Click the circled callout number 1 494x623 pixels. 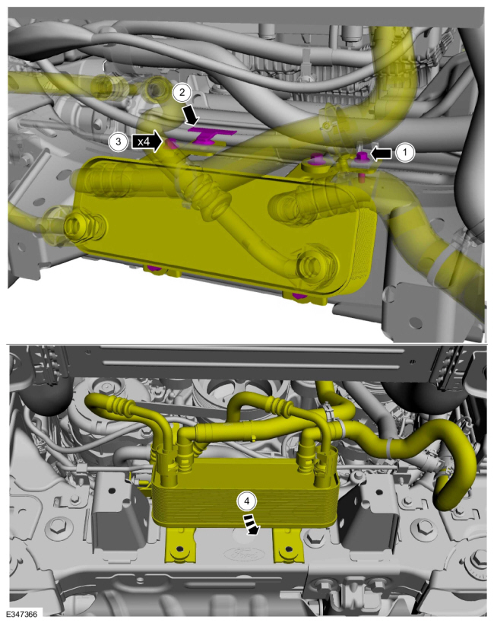pos(404,152)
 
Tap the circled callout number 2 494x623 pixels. pos(182,93)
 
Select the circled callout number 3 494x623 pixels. pos(118,141)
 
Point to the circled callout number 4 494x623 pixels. pos(246,501)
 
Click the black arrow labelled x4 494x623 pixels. pos(147,141)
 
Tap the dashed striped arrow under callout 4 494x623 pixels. pos(252,524)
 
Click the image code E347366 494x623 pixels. pos(23,615)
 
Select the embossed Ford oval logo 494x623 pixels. pos(240,554)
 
